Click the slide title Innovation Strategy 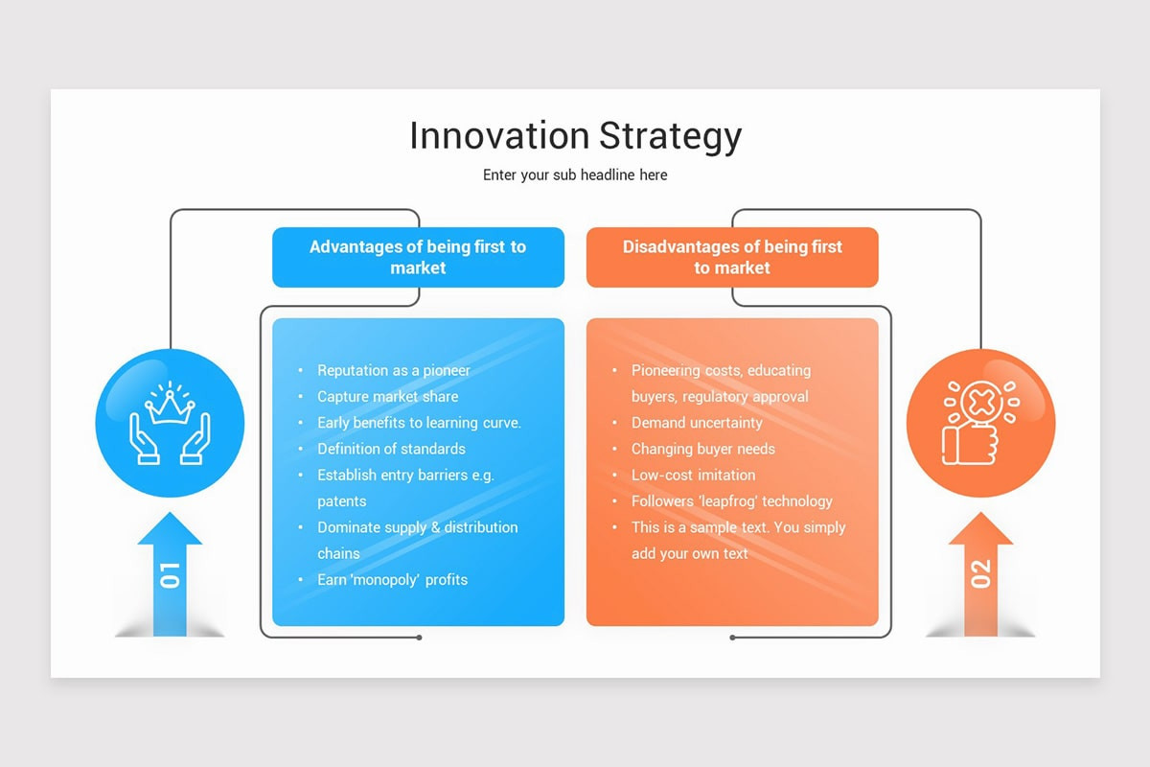pos(575,136)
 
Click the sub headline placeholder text pos(575,175)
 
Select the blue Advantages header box pos(418,257)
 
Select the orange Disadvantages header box pos(732,257)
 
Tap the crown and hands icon pos(170,423)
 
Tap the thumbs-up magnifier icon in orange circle pos(980,423)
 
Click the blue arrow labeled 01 pos(170,575)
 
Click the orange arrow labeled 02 pos(980,575)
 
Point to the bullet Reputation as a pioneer pos(394,370)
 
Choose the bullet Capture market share pos(388,397)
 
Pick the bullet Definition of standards pos(391,449)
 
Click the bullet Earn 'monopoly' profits pos(393,580)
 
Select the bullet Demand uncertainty pos(697,423)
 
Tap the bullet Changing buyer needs pos(703,449)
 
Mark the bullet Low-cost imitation pos(693,476)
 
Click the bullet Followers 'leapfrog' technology pos(731,501)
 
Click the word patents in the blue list pos(342,501)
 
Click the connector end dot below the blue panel pos(419,638)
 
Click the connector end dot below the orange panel pos(732,638)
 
